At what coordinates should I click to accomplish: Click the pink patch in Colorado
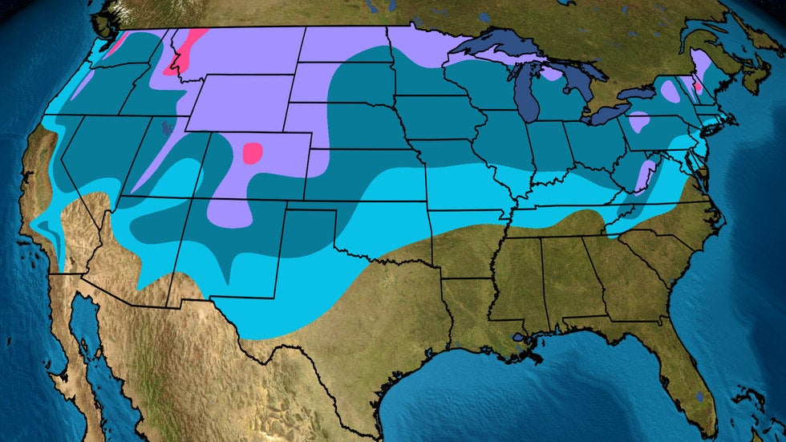coord(253,152)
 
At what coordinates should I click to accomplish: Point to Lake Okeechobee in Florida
coord(700,396)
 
